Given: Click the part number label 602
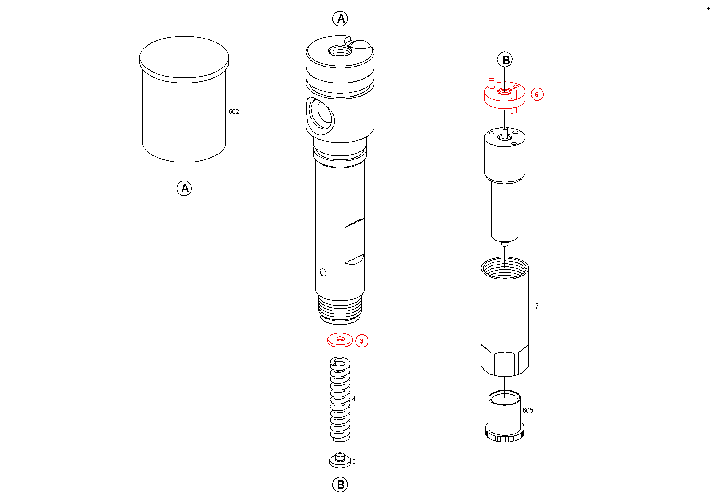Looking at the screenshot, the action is pos(233,112).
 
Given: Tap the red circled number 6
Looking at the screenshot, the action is pos(537,94).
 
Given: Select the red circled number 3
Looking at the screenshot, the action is pos(362,341).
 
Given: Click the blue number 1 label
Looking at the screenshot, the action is pos(531,159).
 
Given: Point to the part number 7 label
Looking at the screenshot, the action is pos(537,306).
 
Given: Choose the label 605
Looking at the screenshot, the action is pos(527,410).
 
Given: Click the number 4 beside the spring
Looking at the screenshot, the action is pos(354,399).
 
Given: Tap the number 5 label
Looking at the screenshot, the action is pos(354,462).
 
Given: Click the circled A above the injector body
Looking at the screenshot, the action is pos(340,19).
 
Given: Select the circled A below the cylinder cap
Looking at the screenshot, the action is pos(184,188).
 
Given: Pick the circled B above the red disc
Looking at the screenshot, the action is pos(505,60).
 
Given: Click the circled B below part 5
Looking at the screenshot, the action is pos(340,485).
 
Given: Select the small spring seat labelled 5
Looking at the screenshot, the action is pos(340,461).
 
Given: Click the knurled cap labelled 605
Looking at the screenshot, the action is pos(505,415).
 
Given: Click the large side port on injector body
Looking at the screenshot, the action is pos(321,116).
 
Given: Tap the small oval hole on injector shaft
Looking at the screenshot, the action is pos(323,272).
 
